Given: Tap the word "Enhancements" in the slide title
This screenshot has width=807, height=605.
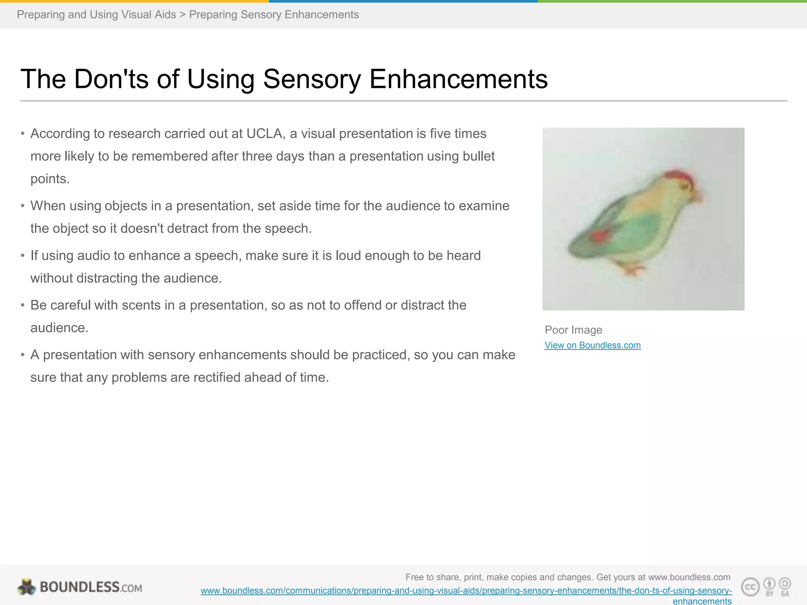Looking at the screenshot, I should (x=458, y=79).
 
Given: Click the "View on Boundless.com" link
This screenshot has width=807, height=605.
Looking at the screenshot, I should (x=592, y=345).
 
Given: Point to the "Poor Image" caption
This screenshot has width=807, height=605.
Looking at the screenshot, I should (x=573, y=330).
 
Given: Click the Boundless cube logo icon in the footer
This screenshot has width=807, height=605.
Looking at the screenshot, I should (x=27, y=587).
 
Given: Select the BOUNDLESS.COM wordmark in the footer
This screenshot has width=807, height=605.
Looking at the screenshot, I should (x=91, y=587).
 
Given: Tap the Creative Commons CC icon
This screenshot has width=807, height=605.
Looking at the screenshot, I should (x=750, y=587).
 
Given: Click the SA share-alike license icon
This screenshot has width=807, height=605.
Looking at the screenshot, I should (x=785, y=586).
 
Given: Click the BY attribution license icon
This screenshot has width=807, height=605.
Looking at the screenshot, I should (x=769, y=586).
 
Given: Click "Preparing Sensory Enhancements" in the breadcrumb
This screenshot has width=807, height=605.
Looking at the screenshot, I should (x=274, y=15).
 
